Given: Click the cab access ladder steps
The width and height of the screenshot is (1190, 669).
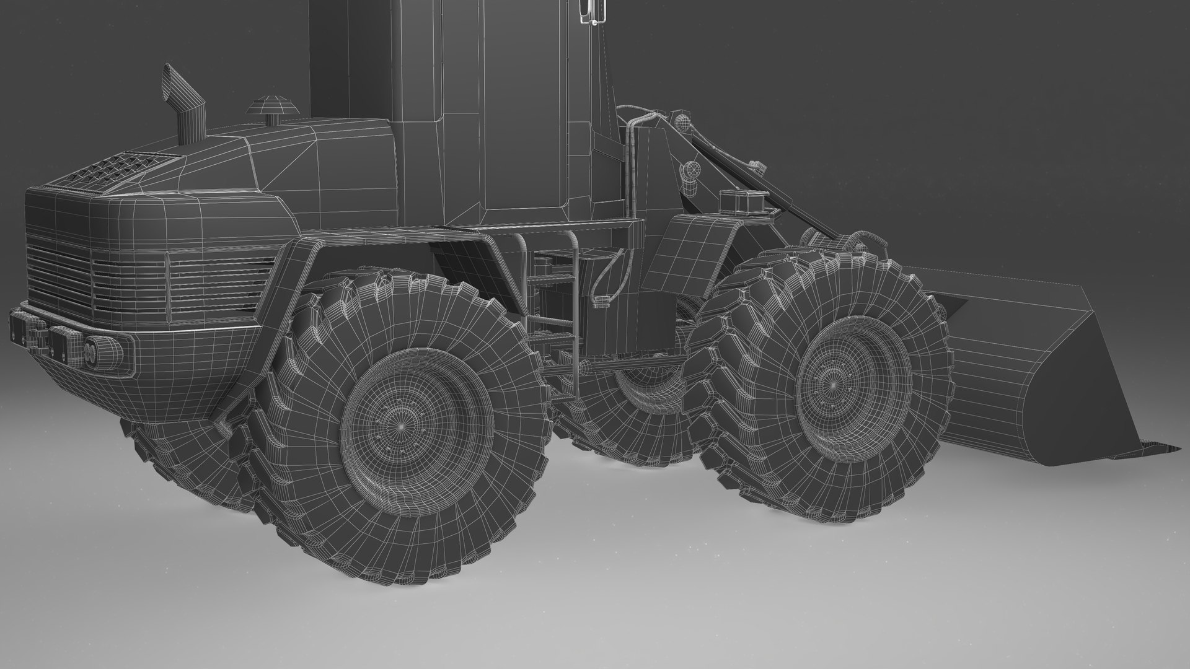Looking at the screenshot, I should (552, 297).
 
